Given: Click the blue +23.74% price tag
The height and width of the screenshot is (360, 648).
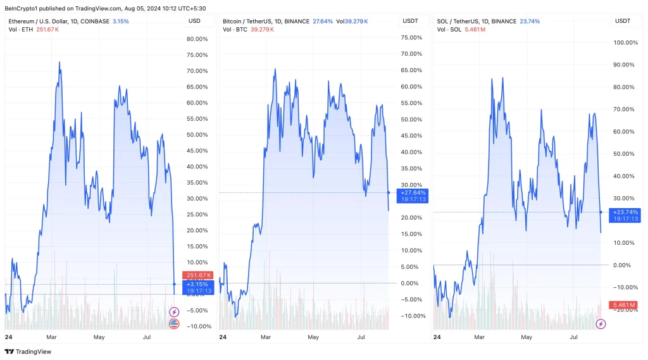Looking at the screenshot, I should tap(625, 215).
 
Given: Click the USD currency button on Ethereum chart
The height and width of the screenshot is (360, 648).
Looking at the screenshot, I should tap(195, 22).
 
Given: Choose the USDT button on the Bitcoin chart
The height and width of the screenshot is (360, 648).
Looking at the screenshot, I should tap(410, 22).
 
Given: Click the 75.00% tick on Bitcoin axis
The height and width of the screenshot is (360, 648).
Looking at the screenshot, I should tap(412, 37).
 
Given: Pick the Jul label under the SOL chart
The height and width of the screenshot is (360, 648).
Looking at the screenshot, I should tap(575, 337).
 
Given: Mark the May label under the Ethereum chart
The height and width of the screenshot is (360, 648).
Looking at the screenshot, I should tap(99, 337).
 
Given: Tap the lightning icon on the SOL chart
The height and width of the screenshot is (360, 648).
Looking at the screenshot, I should tap(601, 324).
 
